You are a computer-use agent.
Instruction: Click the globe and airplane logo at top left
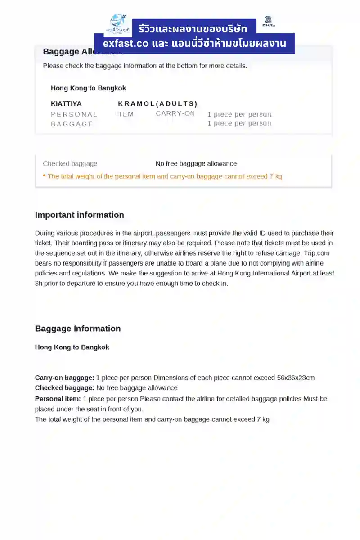pyautogui.click(x=118, y=23)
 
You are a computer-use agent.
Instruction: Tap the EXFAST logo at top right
pyautogui.click(x=268, y=22)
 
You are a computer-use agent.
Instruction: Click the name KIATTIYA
pyautogui.click(x=66, y=104)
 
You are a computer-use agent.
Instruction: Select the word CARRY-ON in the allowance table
pyautogui.click(x=175, y=113)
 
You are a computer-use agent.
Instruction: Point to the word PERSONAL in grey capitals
pyautogui.click(x=74, y=114)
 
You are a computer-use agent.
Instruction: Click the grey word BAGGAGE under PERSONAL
pyautogui.click(x=72, y=124)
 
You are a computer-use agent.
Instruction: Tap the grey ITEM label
pyautogui.click(x=125, y=114)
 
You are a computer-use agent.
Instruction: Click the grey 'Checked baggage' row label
pyautogui.click(x=70, y=164)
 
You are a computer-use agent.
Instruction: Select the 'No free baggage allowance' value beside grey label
pyautogui.click(x=196, y=164)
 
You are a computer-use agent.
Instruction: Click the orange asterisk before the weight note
pyautogui.click(x=44, y=176)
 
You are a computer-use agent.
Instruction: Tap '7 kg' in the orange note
pyautogui.click(x=276, y=176)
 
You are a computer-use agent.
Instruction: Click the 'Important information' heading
pyautogui.click(x=79, y=215)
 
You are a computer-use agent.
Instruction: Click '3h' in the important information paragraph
pyautogui.click(x=39, y=283)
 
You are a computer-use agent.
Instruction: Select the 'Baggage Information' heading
pyautogui.click(x=78, y=328)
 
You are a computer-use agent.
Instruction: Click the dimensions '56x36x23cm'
pyautogui.click(x=296, y=378)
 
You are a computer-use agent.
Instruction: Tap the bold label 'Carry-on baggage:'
pyautogui.click(x=64, y=378)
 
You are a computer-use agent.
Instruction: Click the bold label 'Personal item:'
pyautogui.click(x=58, y=399)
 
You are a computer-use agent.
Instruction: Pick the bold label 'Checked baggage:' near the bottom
pyautogui.click(x=64, y=388)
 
